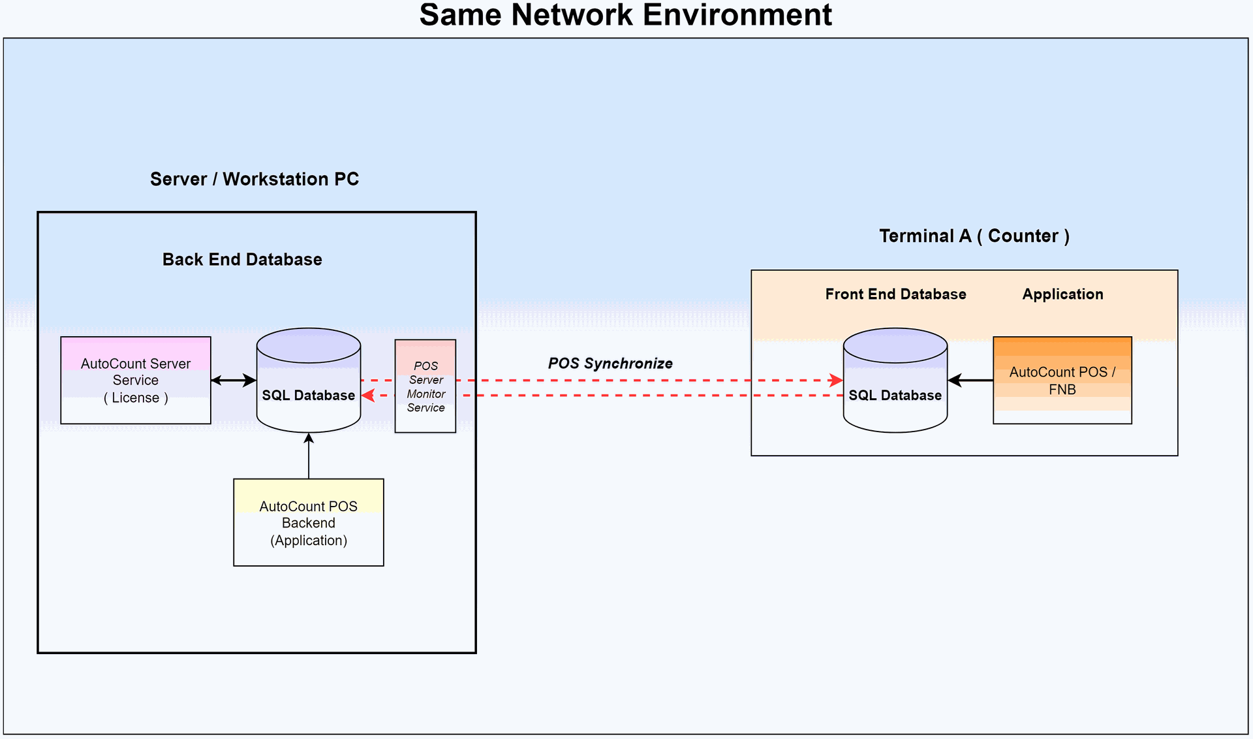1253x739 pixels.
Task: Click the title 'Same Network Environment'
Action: (x=625, y=15)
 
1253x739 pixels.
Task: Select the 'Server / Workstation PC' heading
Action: (x=255, y=179)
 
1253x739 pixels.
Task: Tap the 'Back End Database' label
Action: (x=242, y=259)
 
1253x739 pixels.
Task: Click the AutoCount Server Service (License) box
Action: (x=136, y=380)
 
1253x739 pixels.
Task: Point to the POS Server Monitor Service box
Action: (x=425, y=386)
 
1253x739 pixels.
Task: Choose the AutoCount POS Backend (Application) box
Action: (x=309, y=522)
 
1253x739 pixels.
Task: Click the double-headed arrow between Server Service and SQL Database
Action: (x=234, y=380)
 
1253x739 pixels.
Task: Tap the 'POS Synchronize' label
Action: (x=610, y=364)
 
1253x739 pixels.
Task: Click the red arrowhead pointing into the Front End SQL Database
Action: (x=836, y=380)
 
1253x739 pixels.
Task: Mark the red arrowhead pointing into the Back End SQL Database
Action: (x=368, y=396)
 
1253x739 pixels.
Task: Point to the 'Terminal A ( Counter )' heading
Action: (x=974, y=236)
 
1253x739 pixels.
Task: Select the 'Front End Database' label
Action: (x=895, y=294)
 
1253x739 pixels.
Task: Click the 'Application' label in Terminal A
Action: (x=1062, y=294)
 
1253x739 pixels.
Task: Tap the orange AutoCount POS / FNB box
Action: (x=1062, y=380)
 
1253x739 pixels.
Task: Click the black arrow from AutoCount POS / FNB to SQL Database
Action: (x=970, y=380)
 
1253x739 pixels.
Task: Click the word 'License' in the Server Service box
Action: (x=136, y=398)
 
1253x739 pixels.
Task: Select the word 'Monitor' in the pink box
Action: (x=426, y=394)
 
